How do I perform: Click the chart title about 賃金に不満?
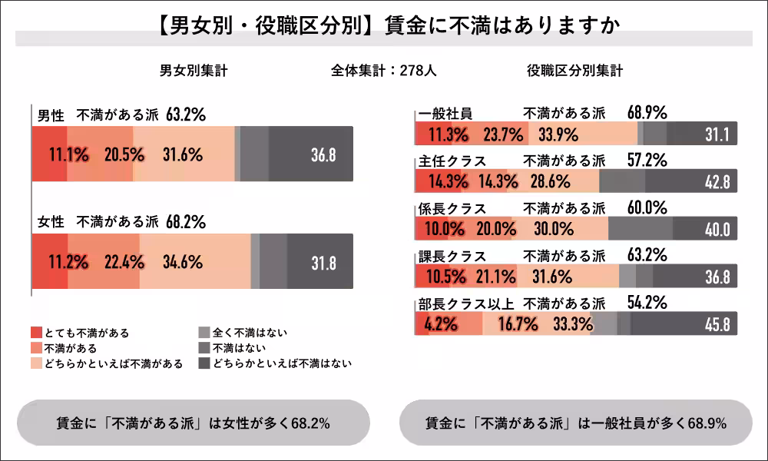384,25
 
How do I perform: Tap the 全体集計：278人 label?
384,71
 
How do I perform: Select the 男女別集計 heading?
193,71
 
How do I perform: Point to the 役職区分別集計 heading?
574,71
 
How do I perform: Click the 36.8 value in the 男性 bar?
323,154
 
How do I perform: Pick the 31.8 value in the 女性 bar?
323,262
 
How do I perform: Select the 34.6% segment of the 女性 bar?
183,262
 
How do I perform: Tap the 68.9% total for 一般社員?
647,113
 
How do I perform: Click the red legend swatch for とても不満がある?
36,333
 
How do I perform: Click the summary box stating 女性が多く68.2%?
194,423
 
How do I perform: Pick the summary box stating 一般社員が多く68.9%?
576,423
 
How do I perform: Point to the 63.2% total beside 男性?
186,115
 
